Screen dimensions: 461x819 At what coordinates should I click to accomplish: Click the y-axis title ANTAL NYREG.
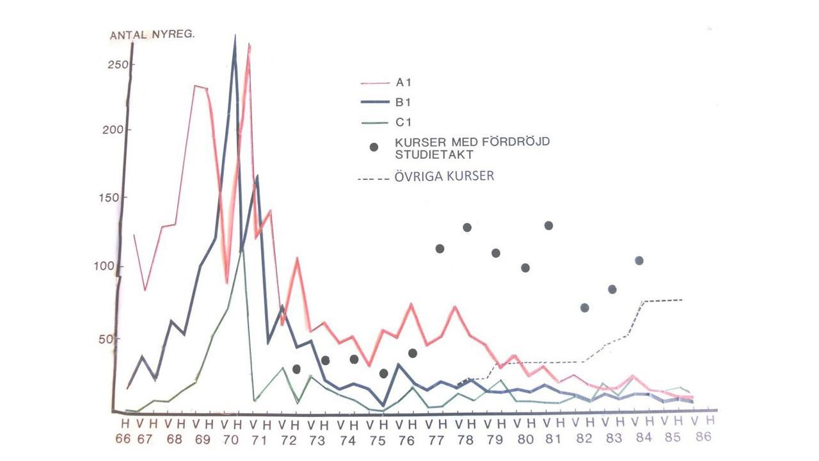click(x=152, y=35)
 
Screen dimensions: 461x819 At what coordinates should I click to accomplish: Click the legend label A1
click(x=404, y=83)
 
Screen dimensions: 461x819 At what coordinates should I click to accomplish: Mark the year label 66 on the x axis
click(x=124, y=440)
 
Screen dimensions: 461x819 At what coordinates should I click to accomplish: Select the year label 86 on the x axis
click(x=703, y=439)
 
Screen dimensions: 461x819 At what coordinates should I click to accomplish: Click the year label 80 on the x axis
click(x=525, y=440)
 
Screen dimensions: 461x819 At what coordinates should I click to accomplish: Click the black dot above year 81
click(x=548, y=225)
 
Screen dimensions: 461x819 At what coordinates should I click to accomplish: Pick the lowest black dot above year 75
click(x=384, y=373)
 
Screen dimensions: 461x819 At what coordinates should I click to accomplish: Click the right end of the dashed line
click(x=683, y=300)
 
